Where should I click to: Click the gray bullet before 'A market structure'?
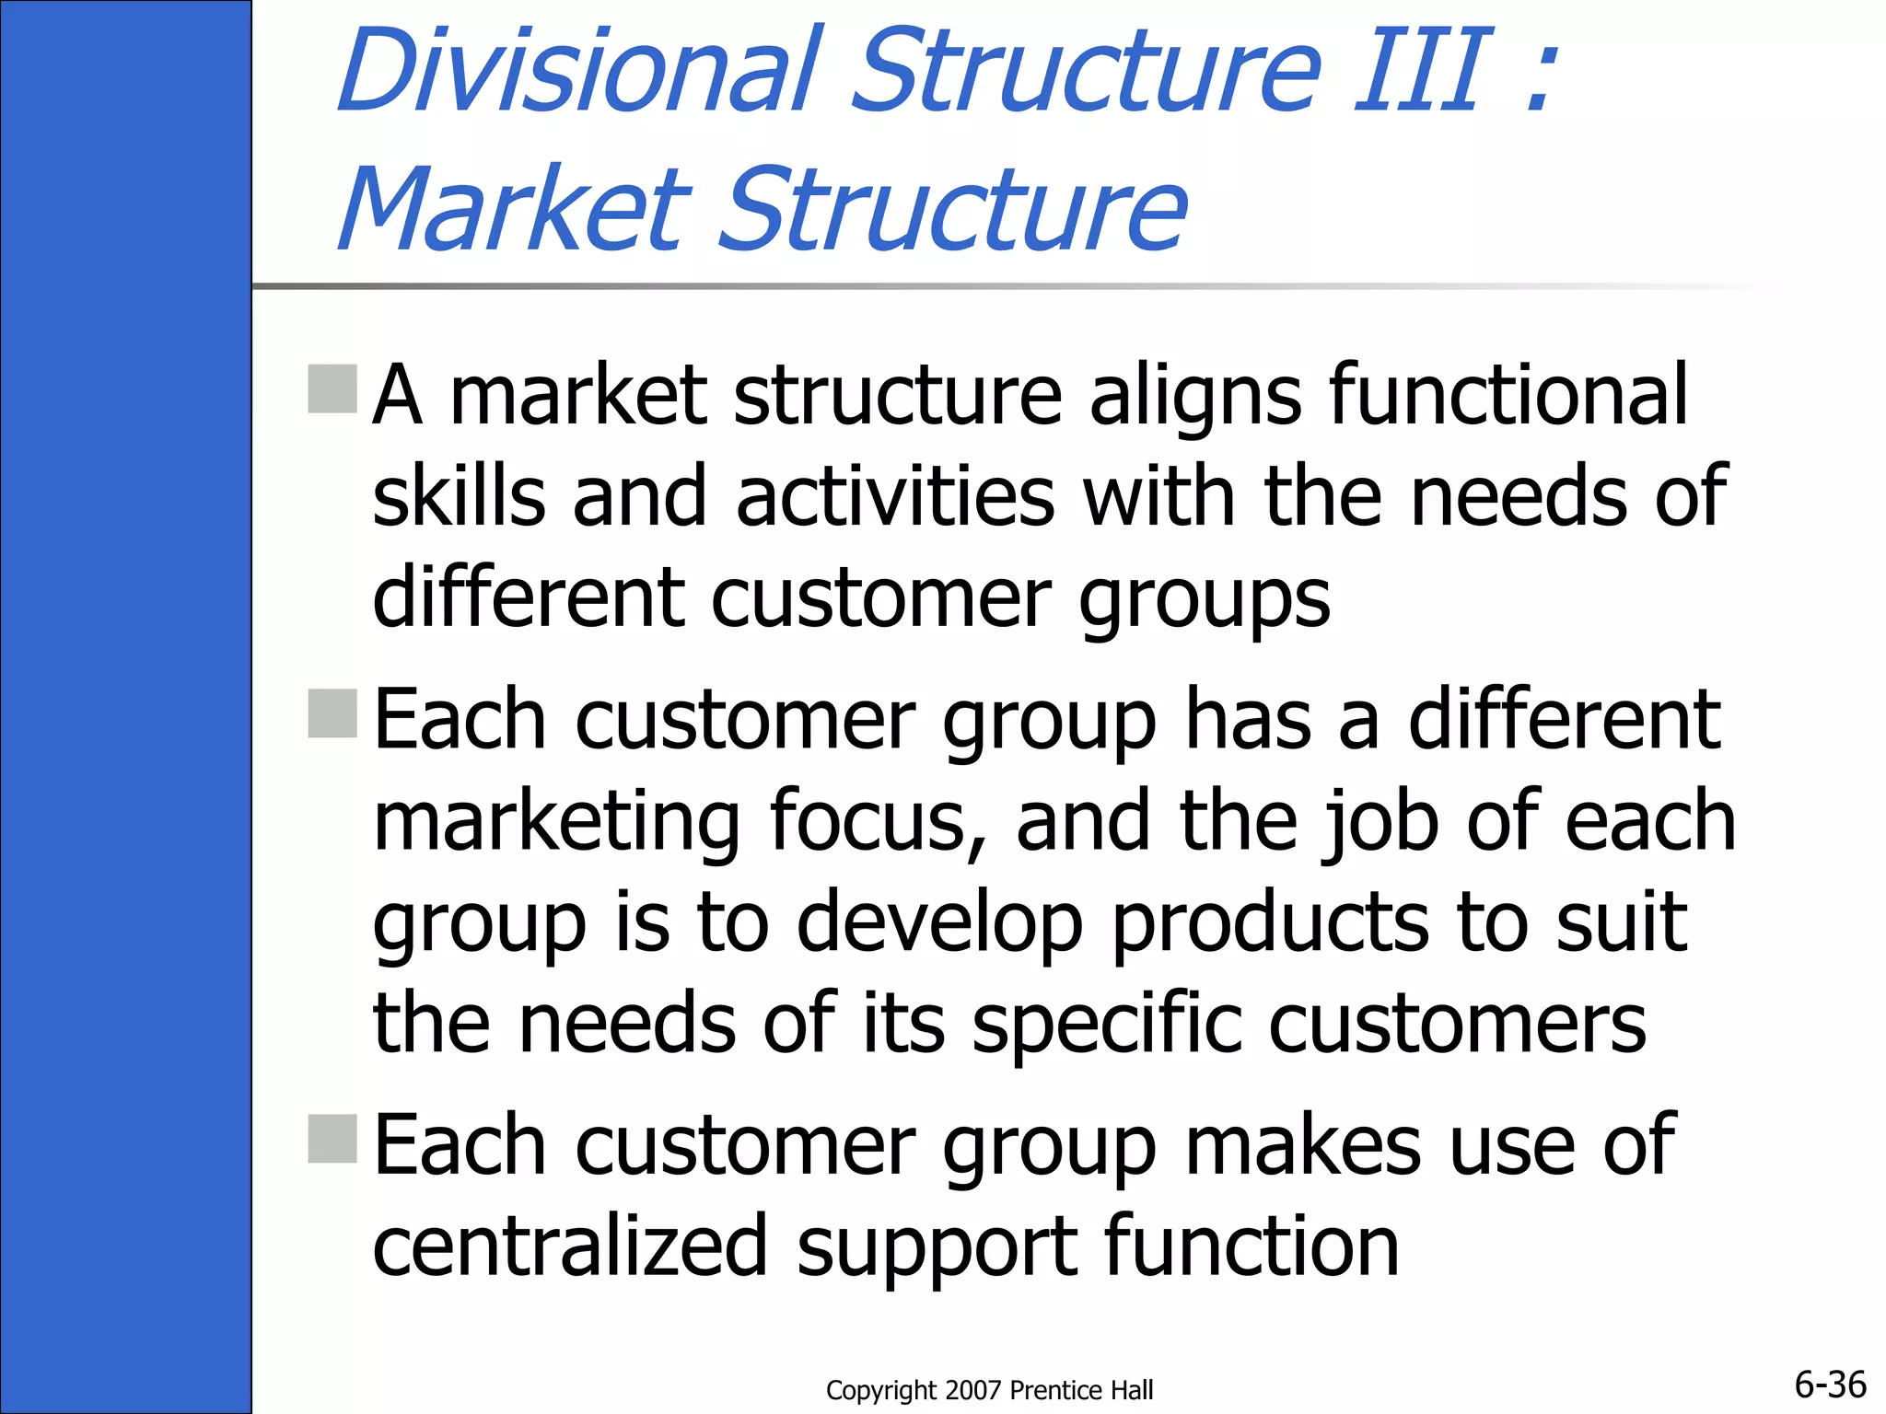click(332, 388)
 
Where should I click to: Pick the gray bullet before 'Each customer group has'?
click(332, 713)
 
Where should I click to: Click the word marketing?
click(557, 821)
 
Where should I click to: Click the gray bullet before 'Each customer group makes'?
click(332, 1139)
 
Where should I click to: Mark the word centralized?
click(570, 1246)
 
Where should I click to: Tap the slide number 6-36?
click(1830, 1385)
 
